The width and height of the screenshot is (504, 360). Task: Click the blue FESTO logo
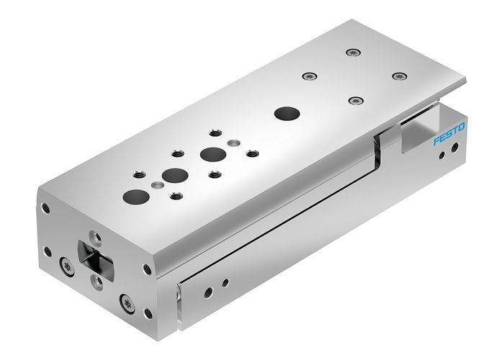[449, 135]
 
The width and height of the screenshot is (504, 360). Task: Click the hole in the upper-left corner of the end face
[46, 208]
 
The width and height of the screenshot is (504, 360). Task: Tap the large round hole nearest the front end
[135, 194]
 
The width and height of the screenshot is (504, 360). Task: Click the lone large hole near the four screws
[287, 113]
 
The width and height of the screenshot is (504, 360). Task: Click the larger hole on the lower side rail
[208, 289]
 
